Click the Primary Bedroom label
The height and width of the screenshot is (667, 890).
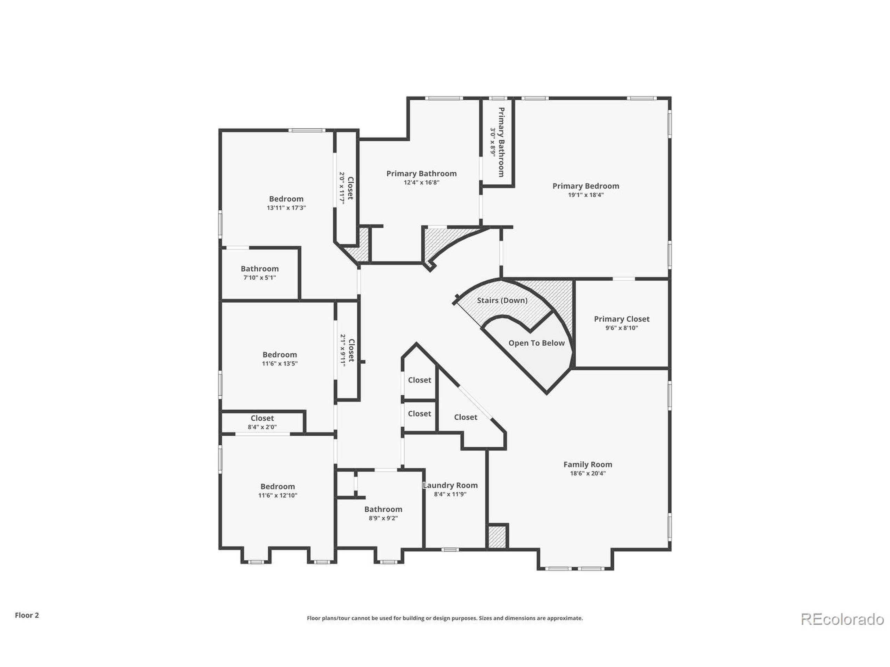(585, 186)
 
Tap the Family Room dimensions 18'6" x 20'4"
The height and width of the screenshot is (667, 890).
(588, 473)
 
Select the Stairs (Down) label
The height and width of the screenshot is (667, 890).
(502, 300)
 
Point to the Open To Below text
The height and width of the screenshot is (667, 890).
(536, 343)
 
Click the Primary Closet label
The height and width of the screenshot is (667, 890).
(622, 319)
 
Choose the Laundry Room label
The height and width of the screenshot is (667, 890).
(450, 485)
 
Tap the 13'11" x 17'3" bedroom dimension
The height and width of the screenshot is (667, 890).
(286, 208)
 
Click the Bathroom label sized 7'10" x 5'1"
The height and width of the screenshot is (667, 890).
(259, 269)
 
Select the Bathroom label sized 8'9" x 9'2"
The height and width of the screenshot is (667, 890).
(383, 509)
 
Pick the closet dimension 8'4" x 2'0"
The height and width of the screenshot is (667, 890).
(262, 427)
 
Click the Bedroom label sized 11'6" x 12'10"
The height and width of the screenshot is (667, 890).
(278, 486)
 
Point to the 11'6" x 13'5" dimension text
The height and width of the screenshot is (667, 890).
(280, 363)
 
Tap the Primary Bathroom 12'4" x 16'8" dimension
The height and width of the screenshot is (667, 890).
(421, 182)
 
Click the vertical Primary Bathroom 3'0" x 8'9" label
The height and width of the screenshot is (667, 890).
(501, 142)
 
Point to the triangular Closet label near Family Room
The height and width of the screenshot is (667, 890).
(466, 417)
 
